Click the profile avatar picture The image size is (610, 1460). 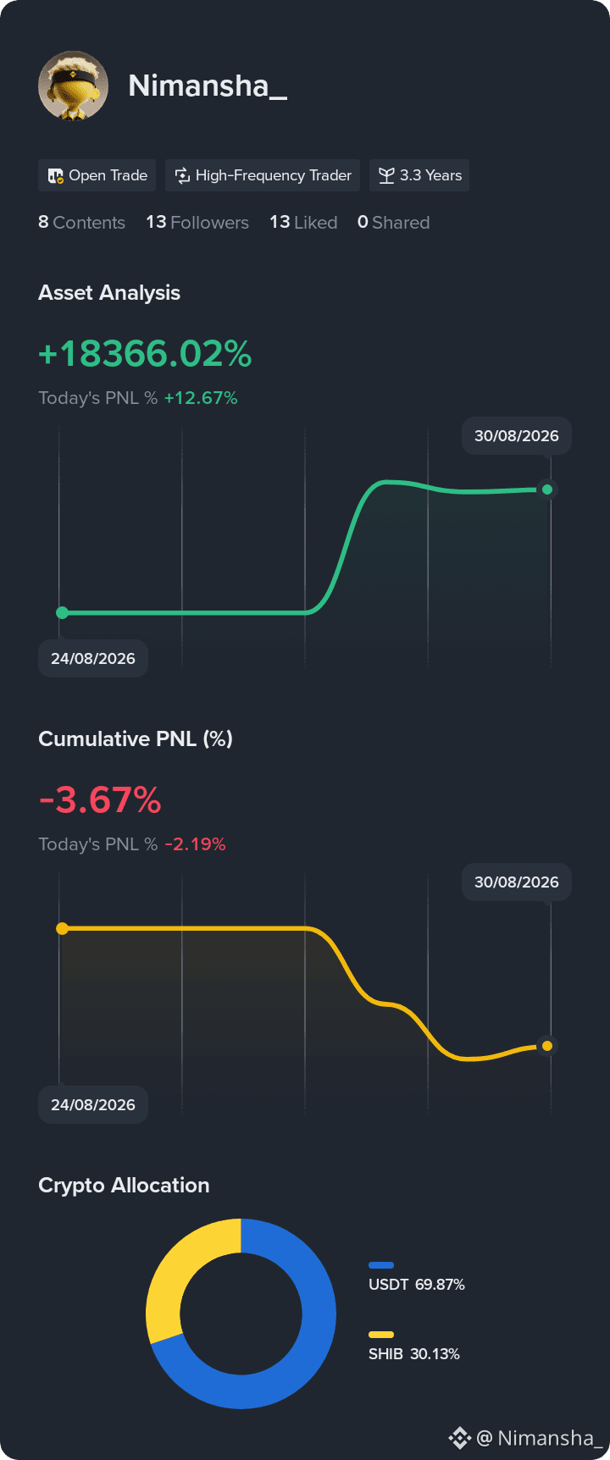[73, 86]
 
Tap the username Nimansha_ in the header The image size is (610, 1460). [208, 86]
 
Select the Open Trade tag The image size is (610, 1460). [97, 175]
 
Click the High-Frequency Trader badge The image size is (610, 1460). [263, 175]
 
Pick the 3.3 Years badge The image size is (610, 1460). [419, 175]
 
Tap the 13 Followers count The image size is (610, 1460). [197, 222]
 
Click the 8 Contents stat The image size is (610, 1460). [81, 222]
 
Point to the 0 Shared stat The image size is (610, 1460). [393, 222]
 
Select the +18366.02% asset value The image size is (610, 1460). [145, 354]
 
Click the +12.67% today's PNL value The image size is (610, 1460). [201, 398]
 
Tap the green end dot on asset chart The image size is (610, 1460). [547, 489]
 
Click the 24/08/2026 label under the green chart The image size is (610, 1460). [93, 659]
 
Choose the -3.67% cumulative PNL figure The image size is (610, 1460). [100, 800]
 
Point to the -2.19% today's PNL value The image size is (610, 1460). [195, 844]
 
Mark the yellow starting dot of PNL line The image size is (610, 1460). [62, 929]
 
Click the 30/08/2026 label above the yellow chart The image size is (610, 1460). [517, 882]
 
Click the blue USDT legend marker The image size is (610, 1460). [381, 1265]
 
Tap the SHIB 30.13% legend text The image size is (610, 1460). [414, 1354]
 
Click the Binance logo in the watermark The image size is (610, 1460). [459, 1438]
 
